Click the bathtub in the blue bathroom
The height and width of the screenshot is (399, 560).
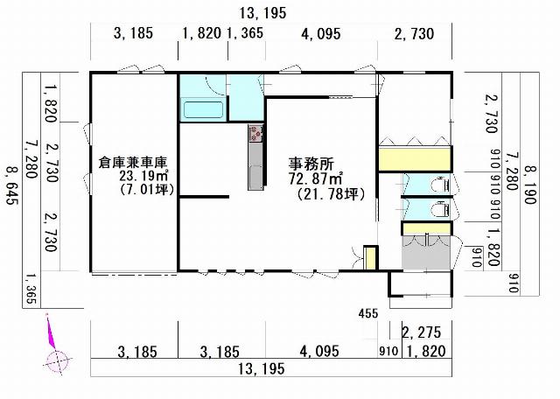(x=203, y=109)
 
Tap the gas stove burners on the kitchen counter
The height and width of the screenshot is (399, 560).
(x=255, y=133)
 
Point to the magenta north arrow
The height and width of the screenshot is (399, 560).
(x=51, y=332)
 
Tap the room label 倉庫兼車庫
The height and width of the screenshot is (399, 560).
(x=133, y=163)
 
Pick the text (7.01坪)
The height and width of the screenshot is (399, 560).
(x=147, y=189)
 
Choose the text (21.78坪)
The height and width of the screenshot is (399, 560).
(x=331, y=194)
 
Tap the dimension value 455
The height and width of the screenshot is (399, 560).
(x=367, y=313)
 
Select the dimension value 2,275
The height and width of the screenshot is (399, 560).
(x=422, y=332)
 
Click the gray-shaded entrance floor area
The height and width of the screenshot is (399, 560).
(x=426, y=252)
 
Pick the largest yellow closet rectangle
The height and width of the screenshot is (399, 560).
(x=414, y=158)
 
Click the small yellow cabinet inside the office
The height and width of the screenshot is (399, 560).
(x=370, y=258)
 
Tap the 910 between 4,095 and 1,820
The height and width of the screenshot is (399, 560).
(x=388, y=351)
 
